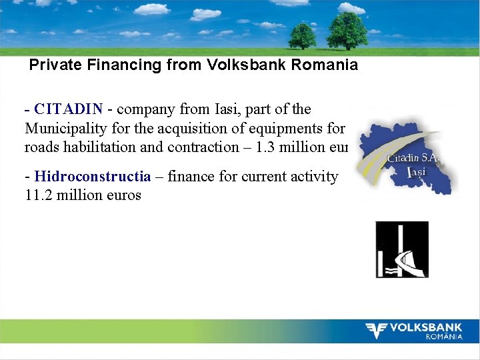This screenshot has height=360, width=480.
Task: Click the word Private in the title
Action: pos(53,65)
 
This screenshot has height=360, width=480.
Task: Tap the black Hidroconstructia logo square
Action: pos(401,249)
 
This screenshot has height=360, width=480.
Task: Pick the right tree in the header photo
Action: pos(347,30)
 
